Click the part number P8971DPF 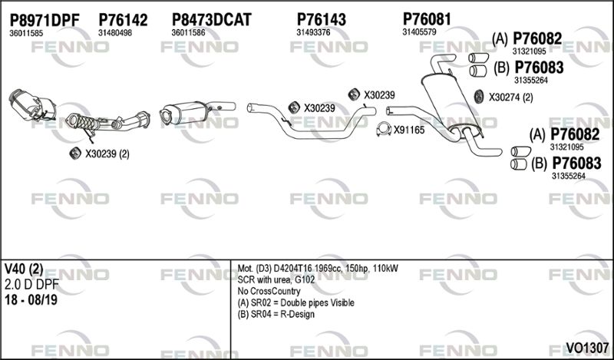(x=45, y=20)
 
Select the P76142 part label (x=123, y=20)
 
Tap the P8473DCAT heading (x=212, y=20)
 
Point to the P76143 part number (x=322, y=19)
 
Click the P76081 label (x=427, y=18)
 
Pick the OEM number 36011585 (x=26, y=33)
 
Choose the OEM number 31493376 (x=313, y=32)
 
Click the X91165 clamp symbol (x=384, y=130)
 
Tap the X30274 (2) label (x=510, y=97)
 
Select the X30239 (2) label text (x=107, y=154)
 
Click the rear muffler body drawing (x=451, y=103)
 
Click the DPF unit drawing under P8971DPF (x=32, y=105)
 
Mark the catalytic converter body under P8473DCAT (x=183, y=112)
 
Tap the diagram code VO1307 (x=587, y=347)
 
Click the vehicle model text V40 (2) (x=24, y=269)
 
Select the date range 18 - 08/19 (x=31, y=300)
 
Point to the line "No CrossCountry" (x=269, y=292)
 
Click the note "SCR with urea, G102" (x=276, y=280)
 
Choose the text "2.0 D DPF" (x=31, y=285)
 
